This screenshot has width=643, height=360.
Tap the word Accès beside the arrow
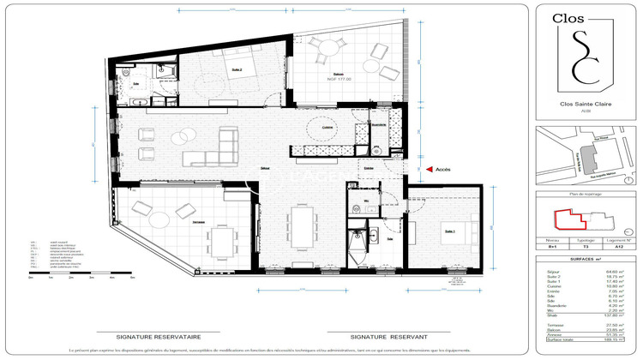click(x=442, y=170)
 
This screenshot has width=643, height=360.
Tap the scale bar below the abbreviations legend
click(x=82, y=273)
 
